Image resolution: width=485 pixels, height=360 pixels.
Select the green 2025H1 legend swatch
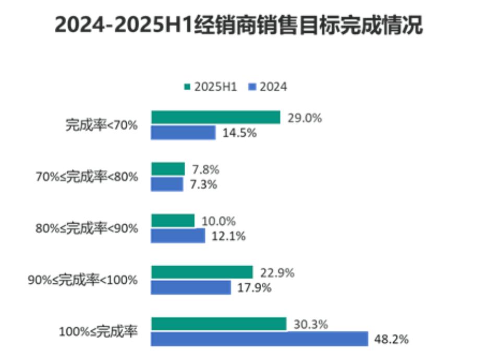(187, 87)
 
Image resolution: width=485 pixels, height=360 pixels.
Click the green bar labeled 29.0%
(215, 117)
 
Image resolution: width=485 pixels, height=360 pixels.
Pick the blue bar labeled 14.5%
(183, 133)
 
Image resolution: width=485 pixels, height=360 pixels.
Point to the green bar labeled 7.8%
(168, 169)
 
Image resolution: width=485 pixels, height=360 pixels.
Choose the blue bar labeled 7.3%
(167, 184)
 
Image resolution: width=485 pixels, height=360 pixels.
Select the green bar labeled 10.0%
(173, 220)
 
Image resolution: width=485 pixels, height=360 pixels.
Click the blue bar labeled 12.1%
(178, 236)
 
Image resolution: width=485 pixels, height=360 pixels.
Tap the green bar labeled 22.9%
(202, 272)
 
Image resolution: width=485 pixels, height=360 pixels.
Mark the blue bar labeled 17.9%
(191, 287)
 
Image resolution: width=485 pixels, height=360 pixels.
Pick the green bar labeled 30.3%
(219, 323)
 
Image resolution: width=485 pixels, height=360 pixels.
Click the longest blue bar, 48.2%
(259, 339)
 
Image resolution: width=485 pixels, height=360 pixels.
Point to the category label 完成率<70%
(101, 125)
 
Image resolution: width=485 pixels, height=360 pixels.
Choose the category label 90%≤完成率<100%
(83, 280)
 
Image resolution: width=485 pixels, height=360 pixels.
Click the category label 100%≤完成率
(99, 331)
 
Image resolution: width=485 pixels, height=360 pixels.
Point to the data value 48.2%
(391, 340)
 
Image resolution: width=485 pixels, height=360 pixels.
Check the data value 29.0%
(305, 118)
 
